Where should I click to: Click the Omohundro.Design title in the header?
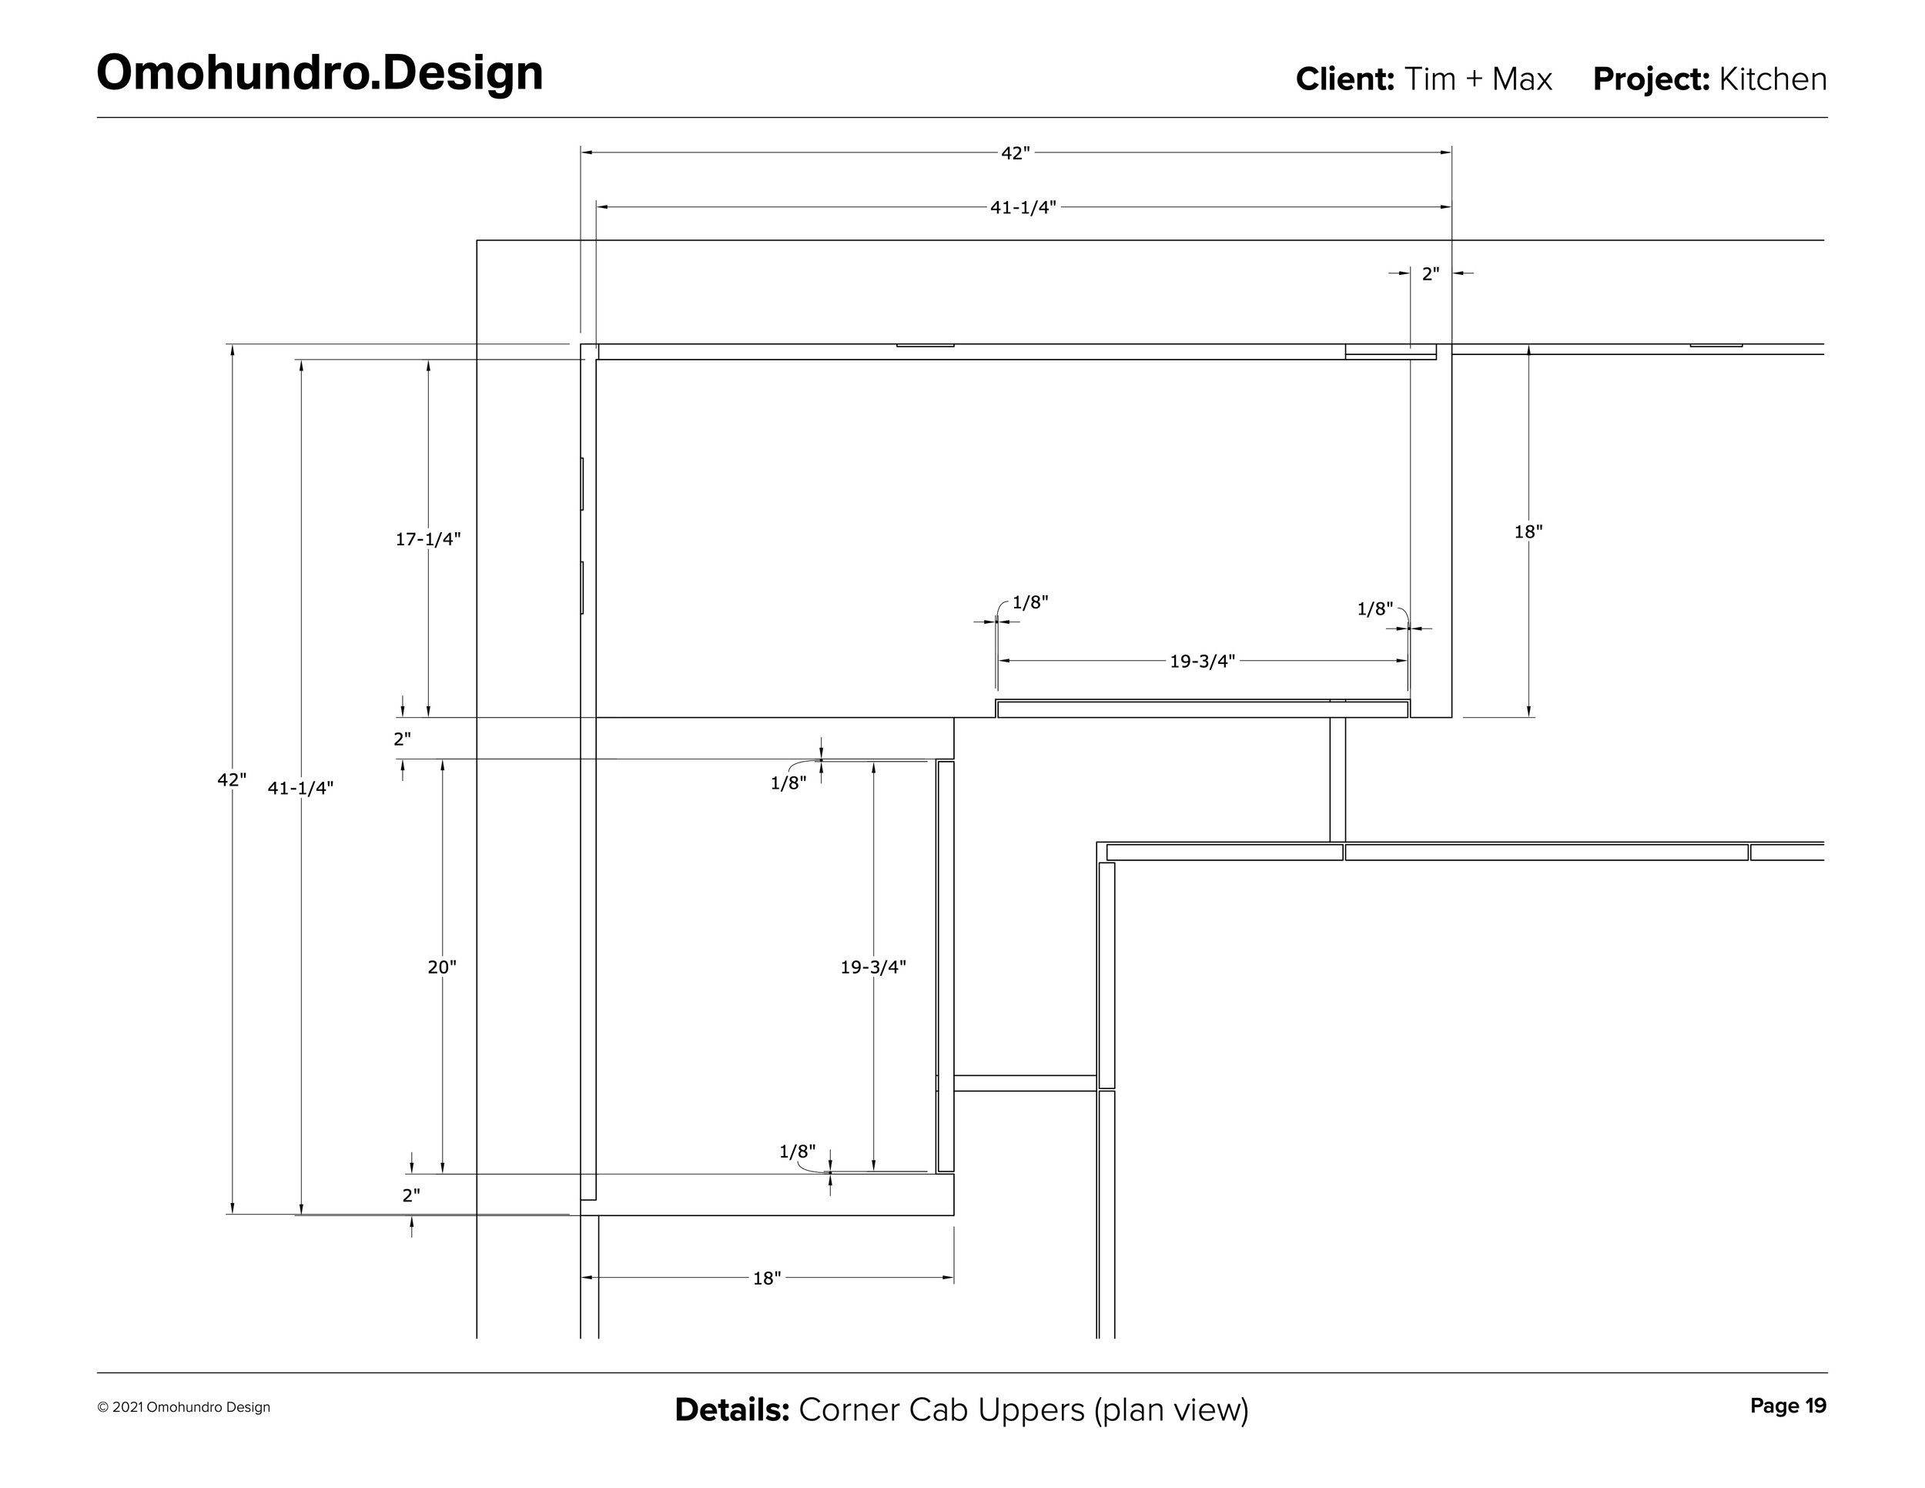[319, 72]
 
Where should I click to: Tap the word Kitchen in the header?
[1772, 79]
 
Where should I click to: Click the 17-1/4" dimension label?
[427, 539]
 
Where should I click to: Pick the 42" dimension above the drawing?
[1015, 153]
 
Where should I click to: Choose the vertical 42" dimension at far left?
[232, 780]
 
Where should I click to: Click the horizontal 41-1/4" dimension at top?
[1023, 208]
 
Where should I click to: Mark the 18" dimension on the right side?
[1528, 532]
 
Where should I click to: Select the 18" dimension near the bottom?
[766, 1279]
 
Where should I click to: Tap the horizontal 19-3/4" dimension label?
[1202, 661]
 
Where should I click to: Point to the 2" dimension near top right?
[1430, 274]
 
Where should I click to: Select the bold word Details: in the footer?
[731, 1409]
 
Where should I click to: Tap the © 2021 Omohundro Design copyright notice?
[184, 1408]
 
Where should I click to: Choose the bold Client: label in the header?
[1344, 79]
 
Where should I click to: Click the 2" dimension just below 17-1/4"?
[402, 739]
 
